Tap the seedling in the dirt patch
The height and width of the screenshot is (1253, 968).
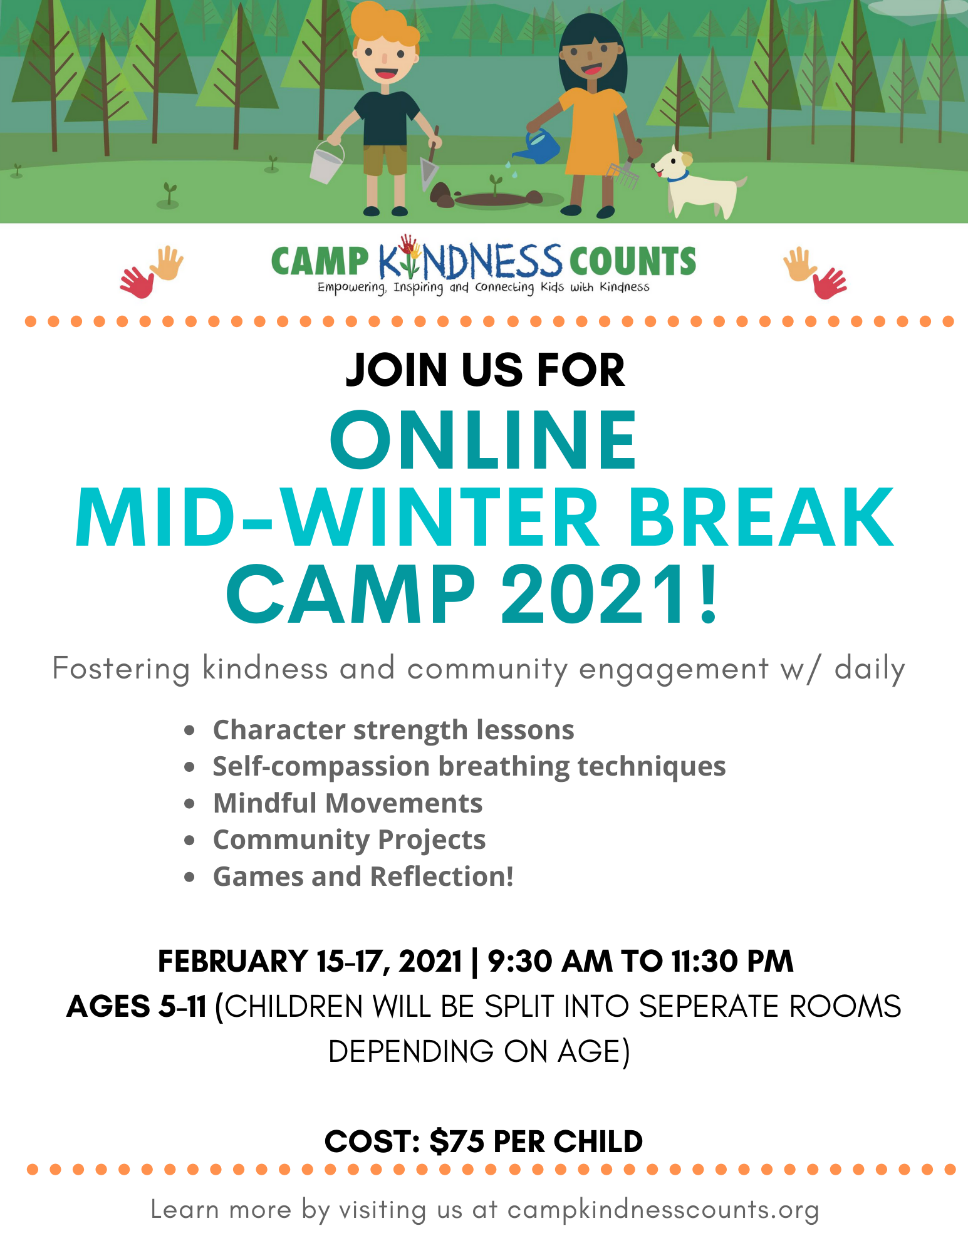[x=496, y=185]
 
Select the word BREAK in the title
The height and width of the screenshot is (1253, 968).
[x=761, y=518]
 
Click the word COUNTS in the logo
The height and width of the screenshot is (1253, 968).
[x=633, y=261]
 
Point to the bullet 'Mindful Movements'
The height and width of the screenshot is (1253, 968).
[x=348, y=803]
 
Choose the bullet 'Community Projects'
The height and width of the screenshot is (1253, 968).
[x=349, y=840]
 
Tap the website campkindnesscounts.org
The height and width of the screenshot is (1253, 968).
[x=664, y=1210]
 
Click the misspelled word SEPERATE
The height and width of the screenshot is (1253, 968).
[x=709, y=1006]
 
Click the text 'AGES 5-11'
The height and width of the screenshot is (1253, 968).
[x=137, y=1006]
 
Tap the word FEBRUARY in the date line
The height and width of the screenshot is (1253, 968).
[x=232, y=961]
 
